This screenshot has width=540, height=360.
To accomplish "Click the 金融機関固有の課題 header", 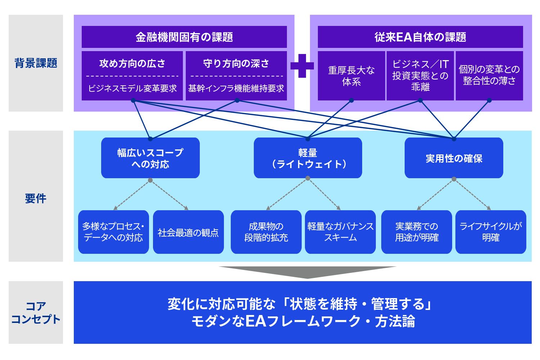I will [184, 37].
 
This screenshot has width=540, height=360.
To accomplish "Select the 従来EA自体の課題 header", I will [420, 37].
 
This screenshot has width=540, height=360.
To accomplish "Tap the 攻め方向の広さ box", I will [132, 76].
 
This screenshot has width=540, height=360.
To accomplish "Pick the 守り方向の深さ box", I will [236, 76].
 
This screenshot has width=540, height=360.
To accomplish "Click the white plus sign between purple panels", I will [302, 66].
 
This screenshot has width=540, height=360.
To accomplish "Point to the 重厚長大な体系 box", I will [351, 76].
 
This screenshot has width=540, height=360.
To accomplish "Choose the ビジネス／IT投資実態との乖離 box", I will [420, 76].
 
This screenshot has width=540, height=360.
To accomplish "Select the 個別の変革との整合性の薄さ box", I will [489, 76].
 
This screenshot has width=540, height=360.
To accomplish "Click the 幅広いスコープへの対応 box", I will [150, 158].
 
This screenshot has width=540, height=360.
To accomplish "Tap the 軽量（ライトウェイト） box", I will [308, 158].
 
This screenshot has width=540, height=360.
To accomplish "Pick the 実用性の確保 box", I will [454, 158].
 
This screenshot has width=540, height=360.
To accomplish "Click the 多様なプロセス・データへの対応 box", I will [113, 232].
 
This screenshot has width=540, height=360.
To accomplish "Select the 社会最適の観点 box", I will [188, 232].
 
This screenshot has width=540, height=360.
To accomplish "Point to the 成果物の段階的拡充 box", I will [266, 232].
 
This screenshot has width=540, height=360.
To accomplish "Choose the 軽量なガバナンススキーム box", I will [340, 232].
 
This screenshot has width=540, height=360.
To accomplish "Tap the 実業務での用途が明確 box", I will [417, 232].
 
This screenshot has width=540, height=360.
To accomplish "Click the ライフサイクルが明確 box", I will [491, 232].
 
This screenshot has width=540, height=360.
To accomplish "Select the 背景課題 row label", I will [36, 63].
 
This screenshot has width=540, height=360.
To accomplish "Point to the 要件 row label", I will [36, 198].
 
